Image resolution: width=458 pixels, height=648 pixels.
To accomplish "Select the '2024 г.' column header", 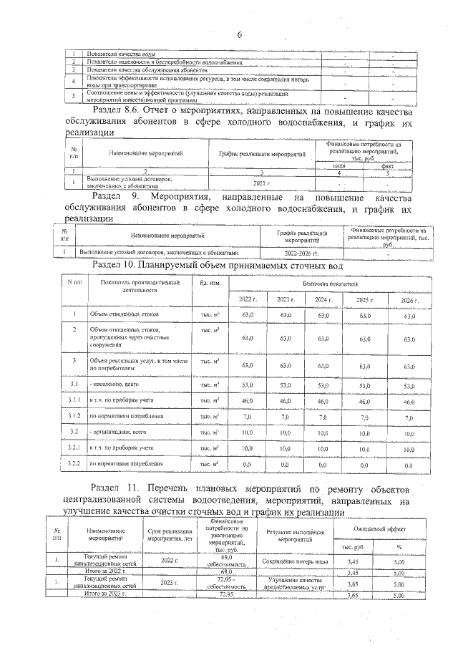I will pyautogui.click(x=324, y=299).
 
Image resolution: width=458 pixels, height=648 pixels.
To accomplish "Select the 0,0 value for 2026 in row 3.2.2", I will pyautogui.click(x=409, y=465).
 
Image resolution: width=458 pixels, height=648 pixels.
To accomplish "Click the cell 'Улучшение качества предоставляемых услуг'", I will pyautogui.click(x=296, y=582).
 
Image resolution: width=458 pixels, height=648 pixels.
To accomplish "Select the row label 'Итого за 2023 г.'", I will pyautogui.click(x=106, y=594).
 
